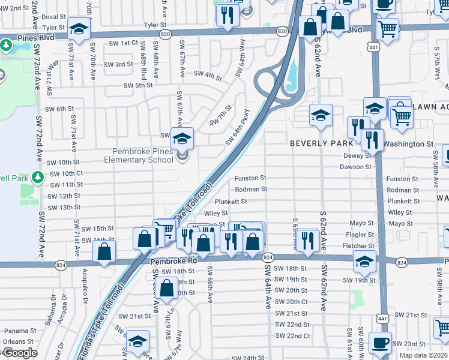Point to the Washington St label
click(408, 144)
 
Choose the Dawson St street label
click(356, 166)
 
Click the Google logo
click(20, 353)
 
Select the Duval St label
click(54, 17)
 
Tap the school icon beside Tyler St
click(78, 29)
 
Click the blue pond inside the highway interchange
click(293, 76)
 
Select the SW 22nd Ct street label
click(292, 336)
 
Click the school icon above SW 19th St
click(364, 262)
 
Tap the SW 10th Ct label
click(64, 173)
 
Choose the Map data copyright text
click(424, 355)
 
